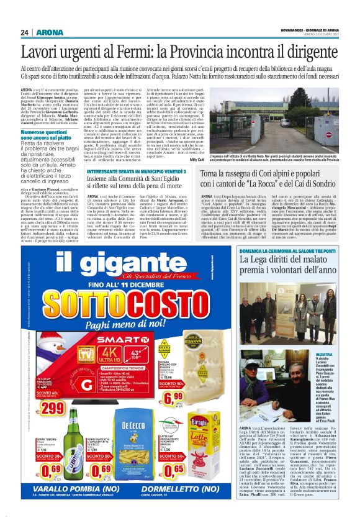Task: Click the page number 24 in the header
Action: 25,32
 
